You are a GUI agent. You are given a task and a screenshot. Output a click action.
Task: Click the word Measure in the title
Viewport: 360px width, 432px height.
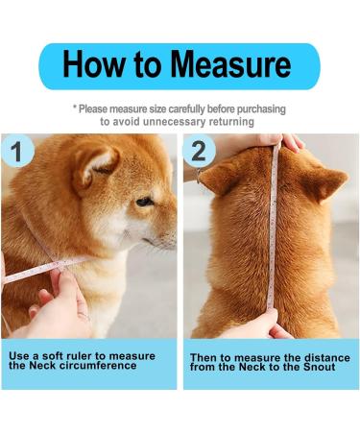(230, 65)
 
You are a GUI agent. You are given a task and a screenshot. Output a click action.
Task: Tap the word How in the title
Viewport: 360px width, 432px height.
(96, 65)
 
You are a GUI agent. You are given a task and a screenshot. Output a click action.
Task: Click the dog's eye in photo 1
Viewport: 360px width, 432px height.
(143, 201)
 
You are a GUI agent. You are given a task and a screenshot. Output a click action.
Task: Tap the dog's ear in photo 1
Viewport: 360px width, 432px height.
(97, 164)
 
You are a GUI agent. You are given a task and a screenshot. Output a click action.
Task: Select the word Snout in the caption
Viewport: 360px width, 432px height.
(317, 367)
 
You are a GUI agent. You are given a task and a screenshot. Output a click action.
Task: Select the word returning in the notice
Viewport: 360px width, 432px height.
(228, 122)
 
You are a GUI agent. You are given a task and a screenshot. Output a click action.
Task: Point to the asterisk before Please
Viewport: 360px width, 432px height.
(75, 109)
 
